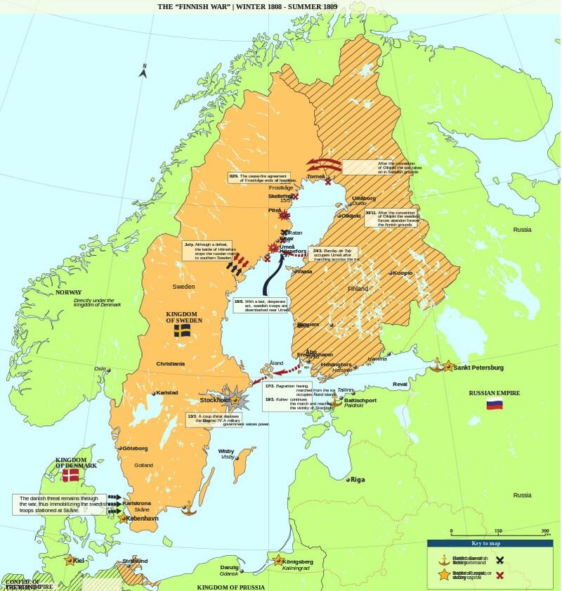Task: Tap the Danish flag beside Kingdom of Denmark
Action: click(x=71, y=475)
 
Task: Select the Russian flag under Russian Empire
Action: click(x=495, y=405)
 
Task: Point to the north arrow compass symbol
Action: click(x=143, y=70)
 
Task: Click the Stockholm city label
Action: click(x=214, y=400)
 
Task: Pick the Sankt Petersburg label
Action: click(x=478, y=368)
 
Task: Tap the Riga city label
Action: click(x=358, y=479)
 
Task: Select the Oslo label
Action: click(x=100, y=369)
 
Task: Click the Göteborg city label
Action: click(x=135, y=448)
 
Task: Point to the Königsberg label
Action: click(x=298, y=561)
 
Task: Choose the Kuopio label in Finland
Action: click(x=402, y=273)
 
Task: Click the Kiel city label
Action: click(x=79, y=560)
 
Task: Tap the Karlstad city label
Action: click(x=166, y=393)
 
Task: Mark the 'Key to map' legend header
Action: click(x=485, y=543)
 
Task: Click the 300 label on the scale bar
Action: click(x=545, y=531)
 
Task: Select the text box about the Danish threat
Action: click(x=60, y=504)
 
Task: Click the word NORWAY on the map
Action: click(x=69, y=292)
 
